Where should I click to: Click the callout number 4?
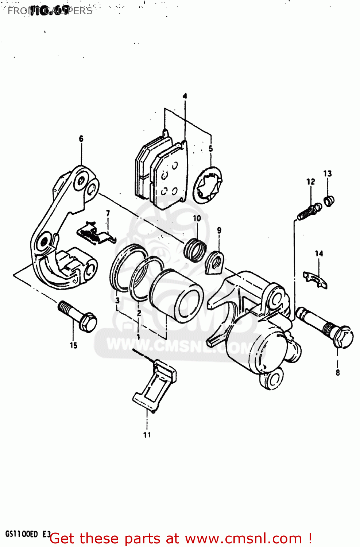(185, 96)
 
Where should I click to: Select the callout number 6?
(81, 139)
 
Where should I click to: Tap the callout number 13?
(328, 174)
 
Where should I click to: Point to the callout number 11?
(147, 435)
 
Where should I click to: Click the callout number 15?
(74, 345)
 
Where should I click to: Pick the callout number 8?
(338, 372)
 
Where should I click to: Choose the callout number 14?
(319, 253)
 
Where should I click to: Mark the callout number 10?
(197, 218)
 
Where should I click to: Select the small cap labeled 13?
(329, 201)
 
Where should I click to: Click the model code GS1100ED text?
(22, 534)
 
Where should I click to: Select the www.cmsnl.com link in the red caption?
(243, 539)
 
